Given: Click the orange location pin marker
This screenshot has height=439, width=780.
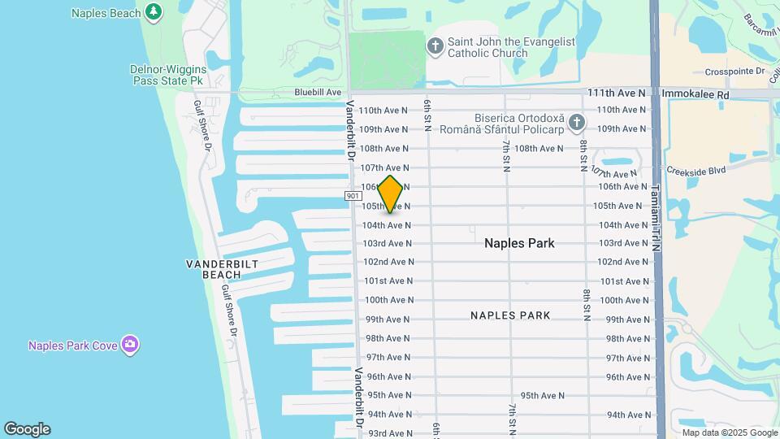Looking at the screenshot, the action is [x=391, y=193].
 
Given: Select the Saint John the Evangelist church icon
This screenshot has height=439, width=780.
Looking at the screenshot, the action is [x=435, y=46].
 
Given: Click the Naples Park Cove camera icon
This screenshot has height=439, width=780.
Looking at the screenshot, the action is [x=129, y=345].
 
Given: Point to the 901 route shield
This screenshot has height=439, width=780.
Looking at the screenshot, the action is [x=353, y=196].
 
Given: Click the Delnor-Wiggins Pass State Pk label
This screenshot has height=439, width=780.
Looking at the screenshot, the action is [x=168, y=76].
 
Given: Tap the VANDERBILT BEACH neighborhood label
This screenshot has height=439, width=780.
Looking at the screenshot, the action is [x=211, y=269].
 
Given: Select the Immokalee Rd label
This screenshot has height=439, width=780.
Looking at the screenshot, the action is [x=695, y=94].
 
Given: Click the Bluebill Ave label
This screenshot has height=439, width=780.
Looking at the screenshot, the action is [x=318, y=93].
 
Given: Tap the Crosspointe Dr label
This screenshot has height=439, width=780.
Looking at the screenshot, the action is [x=735, y=72].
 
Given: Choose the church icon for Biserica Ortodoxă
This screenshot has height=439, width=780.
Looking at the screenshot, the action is [x=577, y=123].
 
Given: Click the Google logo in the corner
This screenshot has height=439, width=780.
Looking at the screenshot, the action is [x=27, y=429].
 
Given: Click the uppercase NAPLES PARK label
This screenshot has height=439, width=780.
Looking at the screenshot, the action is [x=510, y=315].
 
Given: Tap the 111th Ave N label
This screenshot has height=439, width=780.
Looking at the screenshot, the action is [x=616, y=94].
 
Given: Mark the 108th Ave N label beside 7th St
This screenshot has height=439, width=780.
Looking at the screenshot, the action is [x=539, y=148].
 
